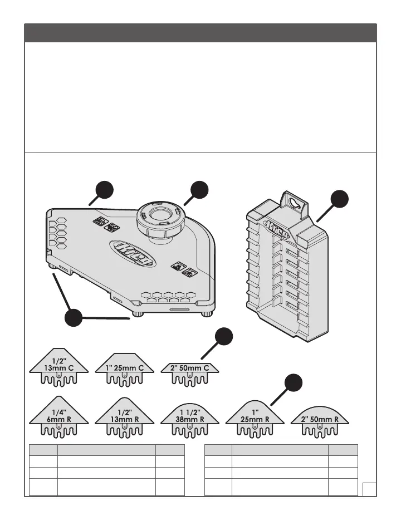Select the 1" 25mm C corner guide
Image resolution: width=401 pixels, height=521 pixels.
pyautogui.click(x=124, y=368)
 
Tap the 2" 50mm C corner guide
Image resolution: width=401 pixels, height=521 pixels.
pyautogui.click(x=190, y=370)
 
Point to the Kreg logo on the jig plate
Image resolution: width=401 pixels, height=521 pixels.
pyautogui.click(x=133, y=253)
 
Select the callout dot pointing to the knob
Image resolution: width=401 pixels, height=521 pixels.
pyautogui.click(x=198, y=190)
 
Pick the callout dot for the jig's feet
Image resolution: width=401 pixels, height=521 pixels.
pyautogui.click(x=74, y=320)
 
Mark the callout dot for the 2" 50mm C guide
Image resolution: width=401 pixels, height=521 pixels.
pyautogui.click(x=224, y=337)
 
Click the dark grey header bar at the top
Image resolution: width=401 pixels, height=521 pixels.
pyautogui.click(x=200, y=32)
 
